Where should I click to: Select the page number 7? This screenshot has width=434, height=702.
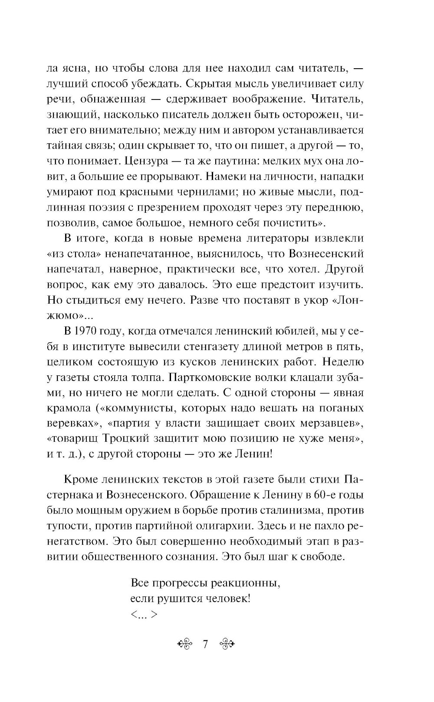(x=206, y=644)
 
